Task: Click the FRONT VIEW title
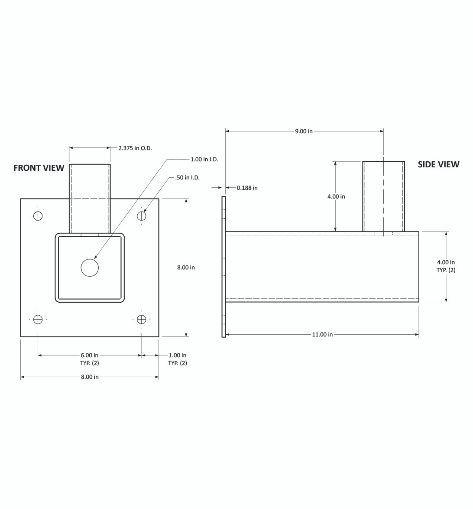(x=39, y=168)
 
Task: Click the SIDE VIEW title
(x=438, y=164)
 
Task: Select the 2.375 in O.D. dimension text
(x=135, y=148)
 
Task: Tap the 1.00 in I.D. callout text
(x=204, y=160)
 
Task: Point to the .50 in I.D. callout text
(x=188, y=177)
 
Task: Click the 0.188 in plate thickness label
(x=247, y=188)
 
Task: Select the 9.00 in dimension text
(x=304, y=131)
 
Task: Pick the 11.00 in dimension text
(x=322, y=334)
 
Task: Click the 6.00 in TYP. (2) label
(x=90, y=359)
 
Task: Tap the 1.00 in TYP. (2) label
(x=178, y=359)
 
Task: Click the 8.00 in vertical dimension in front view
(x=186, y=267)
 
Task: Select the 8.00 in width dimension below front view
(x=90, y=377)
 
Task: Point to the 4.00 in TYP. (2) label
(x=446, y=266)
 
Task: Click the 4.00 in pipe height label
(x=336, y=196)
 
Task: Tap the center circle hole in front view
(x=90, y=268)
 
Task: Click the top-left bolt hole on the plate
(x=38, y=215)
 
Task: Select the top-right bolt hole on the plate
(x=141, y=215)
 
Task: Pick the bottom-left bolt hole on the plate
(x=38, y=319)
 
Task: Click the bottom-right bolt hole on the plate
(x=141, y=319)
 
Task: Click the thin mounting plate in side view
(x=224, y=267)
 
